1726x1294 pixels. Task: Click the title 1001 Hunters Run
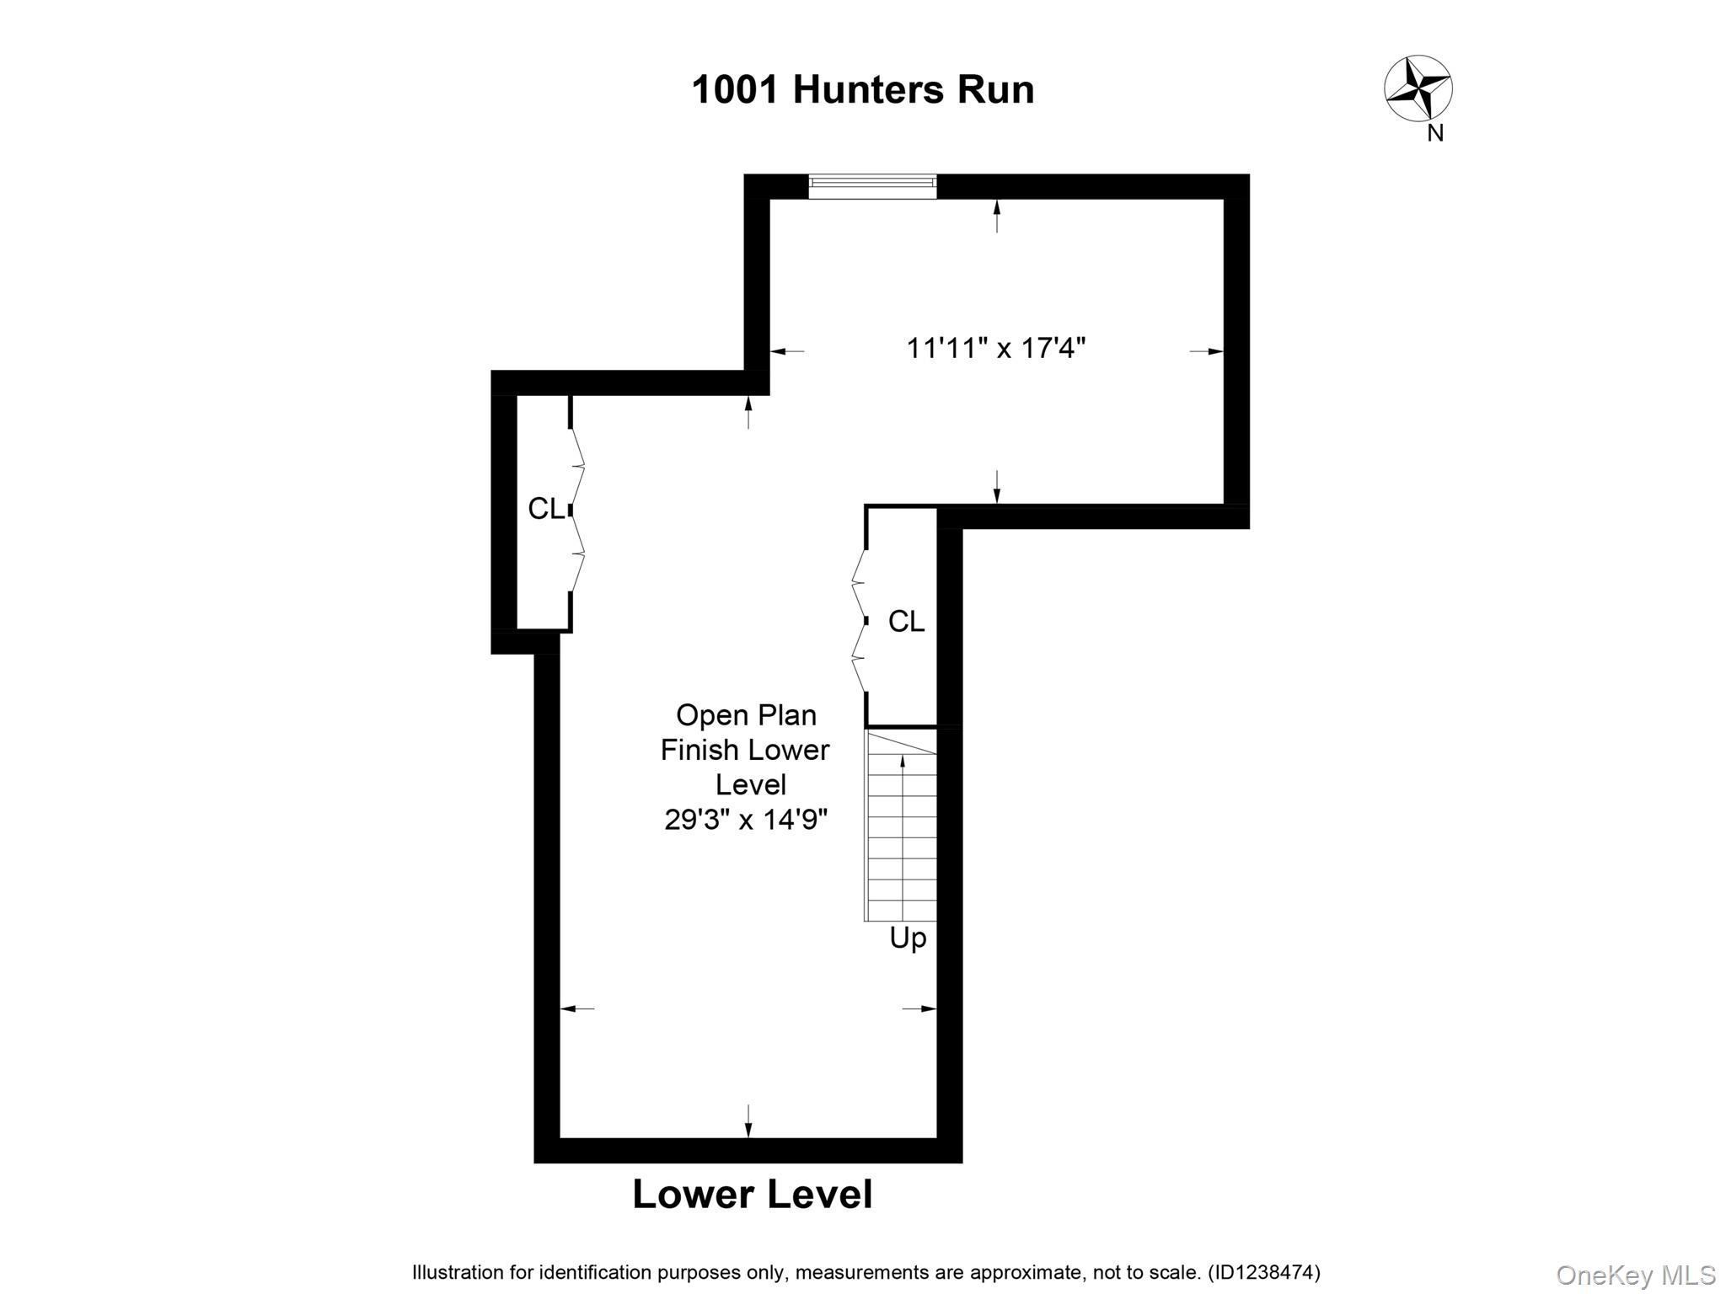point(862,90)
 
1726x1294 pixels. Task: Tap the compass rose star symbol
point(1418,88)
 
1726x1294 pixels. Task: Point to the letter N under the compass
point(1435,133)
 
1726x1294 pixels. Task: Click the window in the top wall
point(872,185)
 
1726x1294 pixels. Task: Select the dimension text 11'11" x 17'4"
point(995,348)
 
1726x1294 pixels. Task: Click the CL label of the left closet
point(545,509)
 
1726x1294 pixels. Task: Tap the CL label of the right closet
point(906,622)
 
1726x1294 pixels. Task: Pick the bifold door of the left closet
point(577,510)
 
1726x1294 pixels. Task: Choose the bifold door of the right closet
point(859,621)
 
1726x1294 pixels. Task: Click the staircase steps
point(902,826)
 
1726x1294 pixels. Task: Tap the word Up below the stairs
point(908,938)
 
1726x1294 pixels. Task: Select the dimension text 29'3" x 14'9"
point(746,820)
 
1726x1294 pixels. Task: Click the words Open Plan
point(746,715)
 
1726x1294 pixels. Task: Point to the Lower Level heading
point(752,1195)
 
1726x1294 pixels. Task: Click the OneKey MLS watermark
point(1636,1275)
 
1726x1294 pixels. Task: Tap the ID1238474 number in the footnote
point(1264,1273)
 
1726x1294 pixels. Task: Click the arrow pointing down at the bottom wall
point(748,1122)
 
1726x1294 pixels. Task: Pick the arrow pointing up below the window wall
point(997,215)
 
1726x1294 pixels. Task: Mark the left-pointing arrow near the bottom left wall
point(576,1008)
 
